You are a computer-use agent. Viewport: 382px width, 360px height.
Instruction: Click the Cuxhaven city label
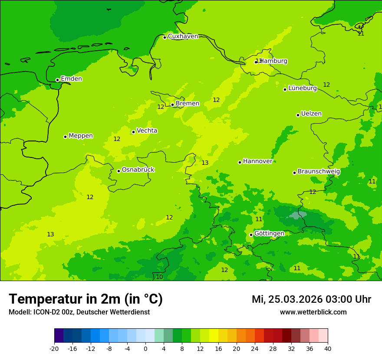tap(183, 36)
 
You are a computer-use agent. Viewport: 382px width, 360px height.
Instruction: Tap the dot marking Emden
tap(57, 80)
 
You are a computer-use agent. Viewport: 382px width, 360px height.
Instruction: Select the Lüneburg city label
tap(302, 88)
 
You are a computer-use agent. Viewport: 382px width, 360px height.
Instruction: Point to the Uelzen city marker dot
tap(298, 115)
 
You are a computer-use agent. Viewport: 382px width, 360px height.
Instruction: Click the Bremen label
tap(187, 104)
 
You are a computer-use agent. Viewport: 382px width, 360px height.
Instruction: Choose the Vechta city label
tap(147, 131)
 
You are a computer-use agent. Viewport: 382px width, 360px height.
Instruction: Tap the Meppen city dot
tap(65, 137)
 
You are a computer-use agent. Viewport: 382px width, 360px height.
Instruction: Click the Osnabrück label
tap(138, 170)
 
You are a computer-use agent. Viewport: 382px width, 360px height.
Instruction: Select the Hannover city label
tap(257, 161)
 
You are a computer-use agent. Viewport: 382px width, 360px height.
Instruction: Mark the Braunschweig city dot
tap(294, 173)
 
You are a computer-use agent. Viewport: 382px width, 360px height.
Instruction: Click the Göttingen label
tap(269, 233)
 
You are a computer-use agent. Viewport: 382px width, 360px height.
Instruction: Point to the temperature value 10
tap(159, 277)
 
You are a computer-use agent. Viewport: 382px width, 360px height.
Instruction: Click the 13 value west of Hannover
tap(205, 163)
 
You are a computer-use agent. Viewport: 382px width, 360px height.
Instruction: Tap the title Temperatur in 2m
tap(86, 299)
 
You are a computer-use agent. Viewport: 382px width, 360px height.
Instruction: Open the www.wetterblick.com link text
tap(313, 312)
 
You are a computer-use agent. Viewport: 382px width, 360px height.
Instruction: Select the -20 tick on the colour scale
tap(54, 349)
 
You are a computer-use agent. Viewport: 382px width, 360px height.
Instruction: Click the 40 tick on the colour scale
tap(328, 349)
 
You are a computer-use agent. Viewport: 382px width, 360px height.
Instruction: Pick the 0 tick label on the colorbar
tap(145, 349)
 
